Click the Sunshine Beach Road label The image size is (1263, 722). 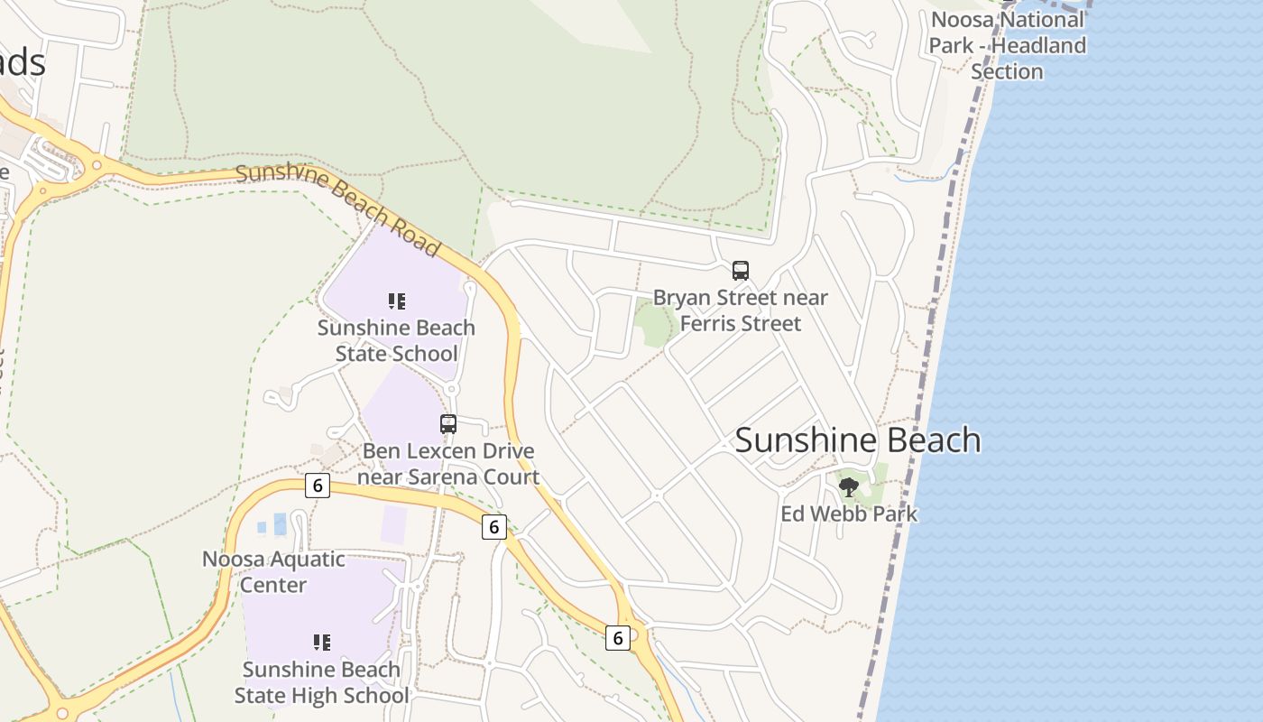338,209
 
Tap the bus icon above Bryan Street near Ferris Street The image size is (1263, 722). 741,270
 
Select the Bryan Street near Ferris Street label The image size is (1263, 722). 741,310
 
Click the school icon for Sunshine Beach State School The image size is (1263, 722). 396,301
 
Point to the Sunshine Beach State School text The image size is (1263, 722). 396,340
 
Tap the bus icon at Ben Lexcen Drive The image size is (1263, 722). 448,423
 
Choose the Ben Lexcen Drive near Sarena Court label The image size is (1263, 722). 448,464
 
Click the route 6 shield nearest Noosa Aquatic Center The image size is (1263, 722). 317,485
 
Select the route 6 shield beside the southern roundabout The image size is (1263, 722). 617,638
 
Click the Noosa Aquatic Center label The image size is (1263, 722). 273,571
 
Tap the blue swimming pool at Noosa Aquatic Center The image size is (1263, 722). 279,524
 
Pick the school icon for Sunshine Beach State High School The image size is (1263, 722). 321,643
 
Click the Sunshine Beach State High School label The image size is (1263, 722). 321,682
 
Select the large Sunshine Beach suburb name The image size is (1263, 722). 857,440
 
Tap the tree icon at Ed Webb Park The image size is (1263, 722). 848,487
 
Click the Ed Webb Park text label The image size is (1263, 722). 848,514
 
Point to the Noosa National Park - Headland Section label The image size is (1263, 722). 1008,45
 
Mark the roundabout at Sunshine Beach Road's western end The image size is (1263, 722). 94,165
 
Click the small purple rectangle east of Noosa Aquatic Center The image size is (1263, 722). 393,524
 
